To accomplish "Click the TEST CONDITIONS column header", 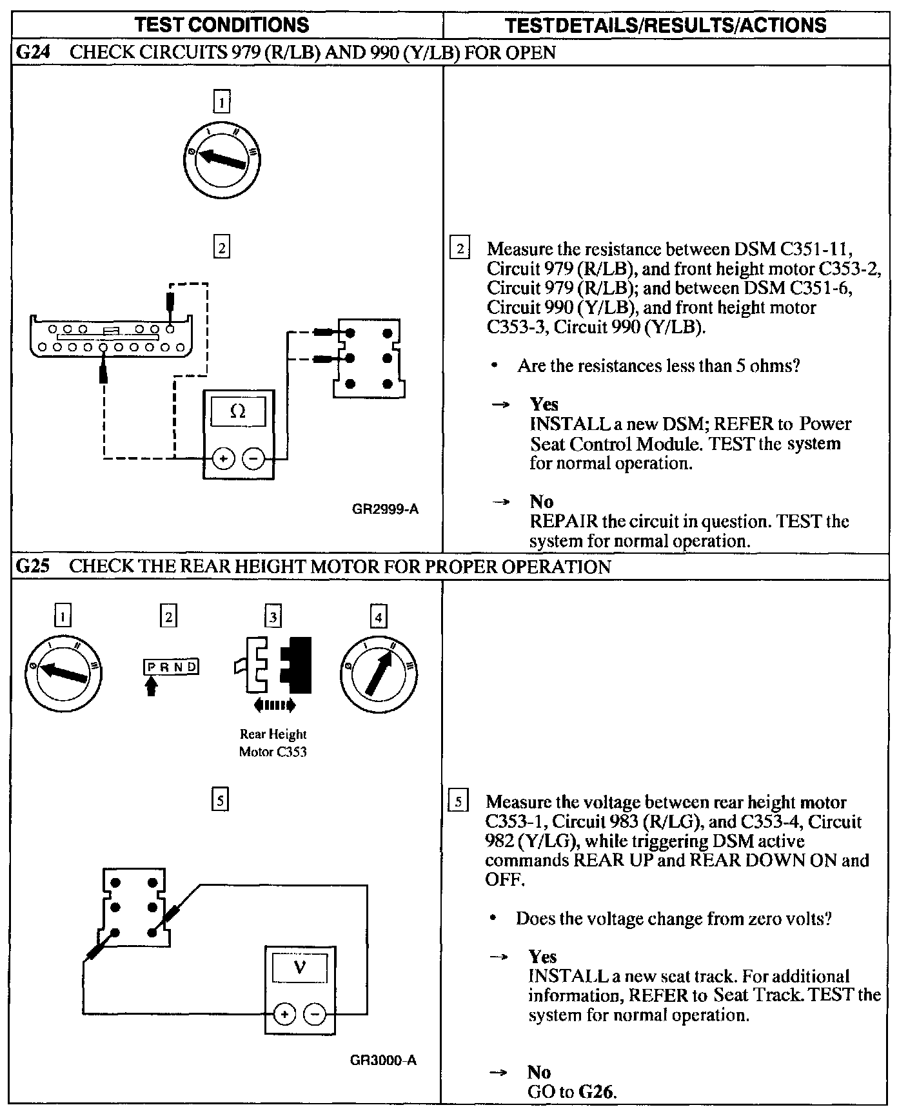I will point(222,24).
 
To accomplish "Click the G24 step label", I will point(32,52).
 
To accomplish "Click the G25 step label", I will point(32,567).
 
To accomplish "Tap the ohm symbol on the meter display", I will point(238,411).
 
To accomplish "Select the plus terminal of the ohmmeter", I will point(223,459).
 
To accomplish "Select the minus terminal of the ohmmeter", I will point(253,459).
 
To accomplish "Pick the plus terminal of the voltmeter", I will point(284,1015).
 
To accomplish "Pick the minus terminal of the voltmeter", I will point(315,1015).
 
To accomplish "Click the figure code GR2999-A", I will point(385,509).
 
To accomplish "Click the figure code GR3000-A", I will point(384,1060).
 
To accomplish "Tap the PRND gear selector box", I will point(170,667).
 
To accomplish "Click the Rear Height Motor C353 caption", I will point(273,743).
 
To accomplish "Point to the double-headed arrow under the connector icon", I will point(275,705).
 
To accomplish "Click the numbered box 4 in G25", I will point(379,617).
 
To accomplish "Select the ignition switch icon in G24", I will point(221,159).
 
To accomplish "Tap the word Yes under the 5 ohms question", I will point(544,404).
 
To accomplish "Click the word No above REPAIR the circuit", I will point(542,501).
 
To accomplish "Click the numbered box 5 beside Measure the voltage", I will point(458,802).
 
